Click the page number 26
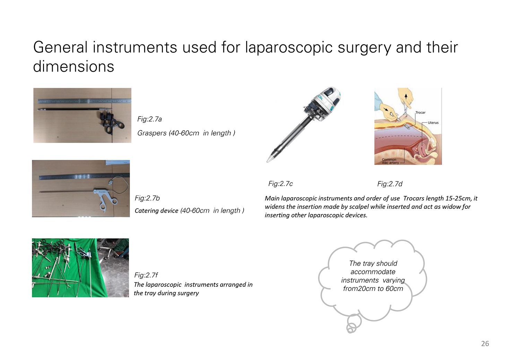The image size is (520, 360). click(x=485, y=343)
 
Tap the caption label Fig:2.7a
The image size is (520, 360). click(x=149, y=119)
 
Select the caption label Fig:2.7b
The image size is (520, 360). click(x=147, y=198)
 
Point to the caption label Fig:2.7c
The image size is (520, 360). click(x=280, y=184)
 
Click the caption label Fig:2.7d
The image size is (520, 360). click(x=390, y=184)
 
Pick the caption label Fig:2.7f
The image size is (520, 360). click(x=146, y=275)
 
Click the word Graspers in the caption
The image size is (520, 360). click(x=152, y=133)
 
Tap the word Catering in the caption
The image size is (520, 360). click(x=145, y=211)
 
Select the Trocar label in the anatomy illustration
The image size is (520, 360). click(x=421, y=112)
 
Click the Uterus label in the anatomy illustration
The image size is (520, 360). click(x=433, y=123)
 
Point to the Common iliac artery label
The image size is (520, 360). click(x=390, y=161)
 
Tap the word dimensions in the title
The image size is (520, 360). click(x=73, y=67)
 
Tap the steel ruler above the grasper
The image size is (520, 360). click(x=84, y=101)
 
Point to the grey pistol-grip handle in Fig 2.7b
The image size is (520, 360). click(x=106, y=199)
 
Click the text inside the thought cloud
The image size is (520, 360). click(x=373, y=276)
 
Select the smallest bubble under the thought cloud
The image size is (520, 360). click(x=350, y=329)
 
